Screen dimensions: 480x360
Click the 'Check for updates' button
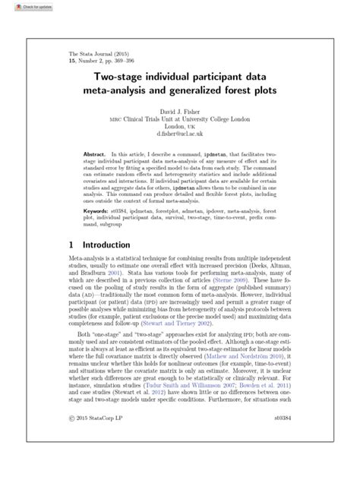(23, 5)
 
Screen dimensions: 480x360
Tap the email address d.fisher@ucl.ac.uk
(179, 134)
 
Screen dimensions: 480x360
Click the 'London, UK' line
(179, 126)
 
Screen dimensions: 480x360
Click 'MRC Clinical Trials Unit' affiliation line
(179, 118)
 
